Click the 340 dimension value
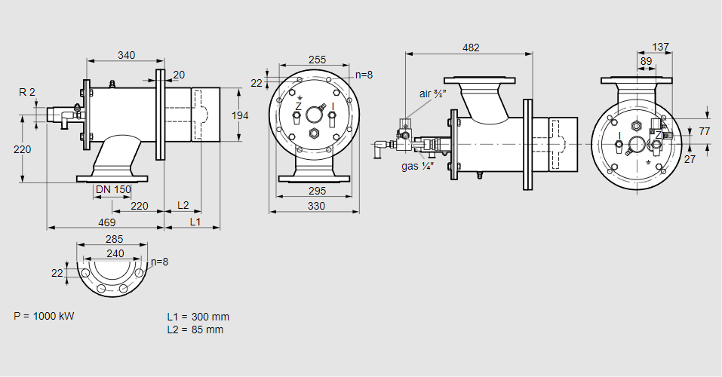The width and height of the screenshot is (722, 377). (x=127, y=54)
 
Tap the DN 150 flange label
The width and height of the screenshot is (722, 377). (x=113, y=189)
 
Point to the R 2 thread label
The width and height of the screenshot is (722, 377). (x=27, y=92)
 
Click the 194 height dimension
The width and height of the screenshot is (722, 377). (x=240, y=115)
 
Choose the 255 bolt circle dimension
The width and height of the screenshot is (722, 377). (x=318, y=60)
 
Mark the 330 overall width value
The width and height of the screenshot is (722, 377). (x=315, y=206)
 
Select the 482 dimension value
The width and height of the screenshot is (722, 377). (x=470, y=48)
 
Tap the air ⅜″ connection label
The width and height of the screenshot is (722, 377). (x=433, y=93)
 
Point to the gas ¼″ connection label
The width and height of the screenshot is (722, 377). (x=416, y=166)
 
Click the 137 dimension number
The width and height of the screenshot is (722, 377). (x=660, y=48)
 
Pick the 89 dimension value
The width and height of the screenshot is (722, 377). (x=646, y=61)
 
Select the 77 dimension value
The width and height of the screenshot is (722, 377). (x=704, y=131)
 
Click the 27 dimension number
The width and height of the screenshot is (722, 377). (x=689, y=159)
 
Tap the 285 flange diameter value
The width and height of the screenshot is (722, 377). (x=115, y=240)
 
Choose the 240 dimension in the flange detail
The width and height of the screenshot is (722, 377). (x=115, y=254)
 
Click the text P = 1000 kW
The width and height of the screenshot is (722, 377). (x=45, y=315)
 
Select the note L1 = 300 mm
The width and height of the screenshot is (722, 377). (x=198, y=317)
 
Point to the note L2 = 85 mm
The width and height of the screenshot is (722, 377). (x=195, y=329)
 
